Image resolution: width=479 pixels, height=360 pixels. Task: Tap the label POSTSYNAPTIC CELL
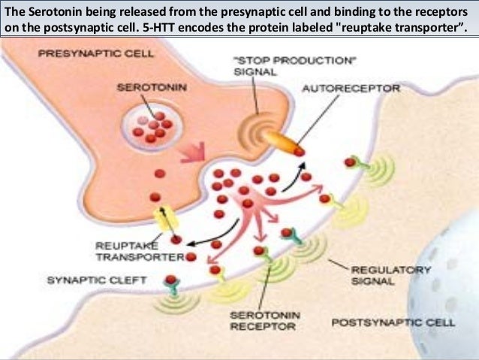coord(393,323)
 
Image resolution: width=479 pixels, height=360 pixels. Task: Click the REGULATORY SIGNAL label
coord(381,274)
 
